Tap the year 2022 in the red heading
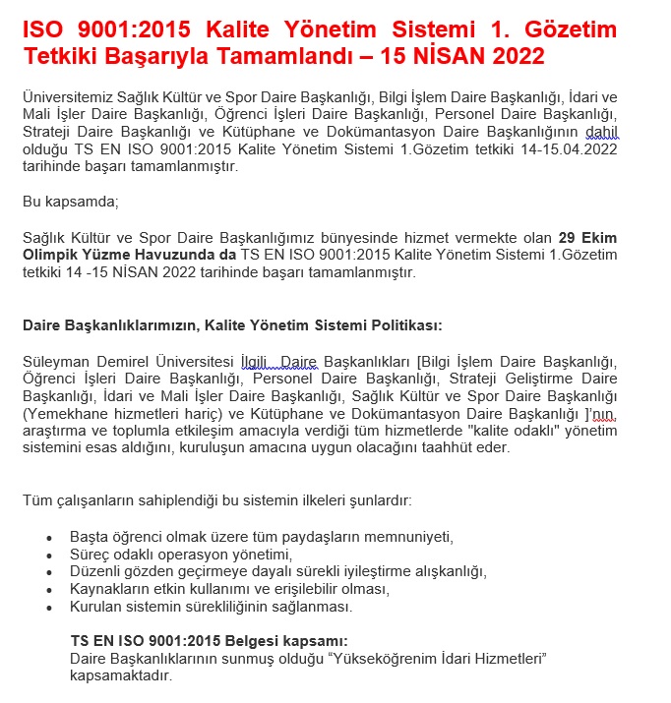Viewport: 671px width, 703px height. (517, 56)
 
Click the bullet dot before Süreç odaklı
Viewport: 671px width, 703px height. (49, 555)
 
